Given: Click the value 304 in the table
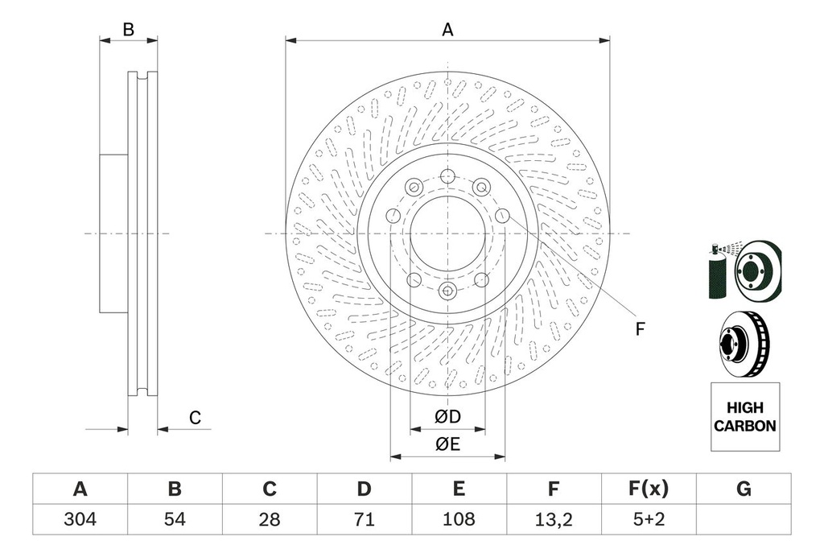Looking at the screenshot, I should tap(80, 519).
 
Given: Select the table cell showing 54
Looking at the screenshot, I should tap(175, 519).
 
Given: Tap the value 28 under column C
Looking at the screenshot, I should tap(270, 519).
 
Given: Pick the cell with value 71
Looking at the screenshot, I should tap(365, 519).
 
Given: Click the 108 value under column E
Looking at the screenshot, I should tap(459, 519).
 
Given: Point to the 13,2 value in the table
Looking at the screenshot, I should tap(554, 519).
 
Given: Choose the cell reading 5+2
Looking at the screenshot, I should tap(648, 519).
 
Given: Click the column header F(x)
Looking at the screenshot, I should tap(648, 489).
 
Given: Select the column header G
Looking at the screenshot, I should tap(744, 489).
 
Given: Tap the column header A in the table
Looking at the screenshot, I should tap(80, 489).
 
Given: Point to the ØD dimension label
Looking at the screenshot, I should tap(447, 417).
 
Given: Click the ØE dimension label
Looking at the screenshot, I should tap(447, 444).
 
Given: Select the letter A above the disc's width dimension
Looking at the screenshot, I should tap(447, 31).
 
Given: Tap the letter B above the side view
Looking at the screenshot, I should tap(128, 31).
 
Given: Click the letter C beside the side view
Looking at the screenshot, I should tap(194, 417).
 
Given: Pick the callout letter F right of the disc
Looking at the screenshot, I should tap(641, 328).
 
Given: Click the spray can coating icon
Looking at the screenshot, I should tap(717, 271).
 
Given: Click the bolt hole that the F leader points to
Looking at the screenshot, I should tap(502, 215).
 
